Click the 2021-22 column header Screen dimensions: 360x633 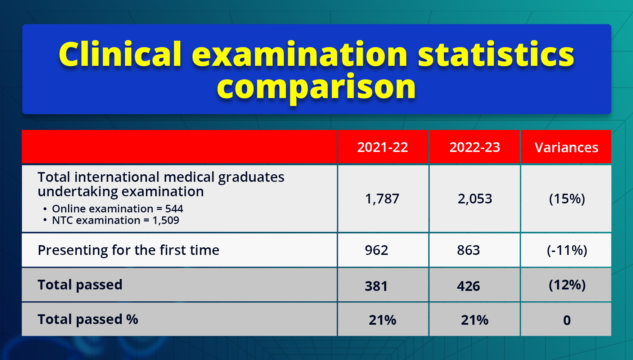coord(382,147)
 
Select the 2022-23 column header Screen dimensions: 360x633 coord(475,147)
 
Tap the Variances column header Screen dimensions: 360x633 coord(566,148)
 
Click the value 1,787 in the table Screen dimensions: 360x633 coord(382,199)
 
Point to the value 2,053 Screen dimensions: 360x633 coord(475,199)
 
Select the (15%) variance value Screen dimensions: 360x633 coord(567,199)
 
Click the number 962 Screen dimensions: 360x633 coord(376,250)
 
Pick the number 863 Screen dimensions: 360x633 coord(468,250)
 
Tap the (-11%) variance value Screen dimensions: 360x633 coord(567,250)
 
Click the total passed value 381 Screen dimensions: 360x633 coord(376,286)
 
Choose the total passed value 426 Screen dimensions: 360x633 coord(468,286)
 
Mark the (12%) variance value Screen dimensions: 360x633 coord(567,285)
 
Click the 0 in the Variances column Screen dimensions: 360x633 coord(567,320)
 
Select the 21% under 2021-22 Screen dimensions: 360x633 coord(382,320)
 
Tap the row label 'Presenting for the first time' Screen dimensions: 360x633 coord(128,250)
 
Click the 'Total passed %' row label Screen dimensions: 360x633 coord(88,319)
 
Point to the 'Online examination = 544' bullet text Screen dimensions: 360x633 coord(117,209)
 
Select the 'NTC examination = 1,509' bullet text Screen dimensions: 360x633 coord(115,220)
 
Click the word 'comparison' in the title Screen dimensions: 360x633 coord(316,87)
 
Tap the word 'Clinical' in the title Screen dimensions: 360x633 coord(120,54)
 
